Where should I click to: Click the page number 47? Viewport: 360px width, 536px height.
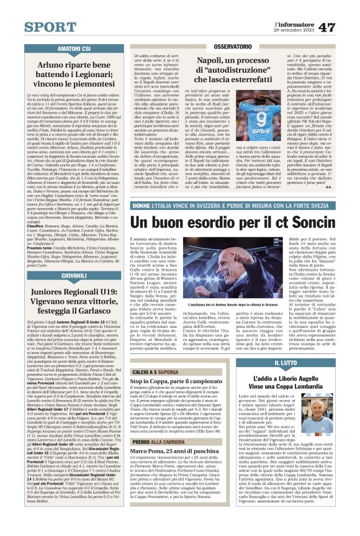click(x=343, y=11)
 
